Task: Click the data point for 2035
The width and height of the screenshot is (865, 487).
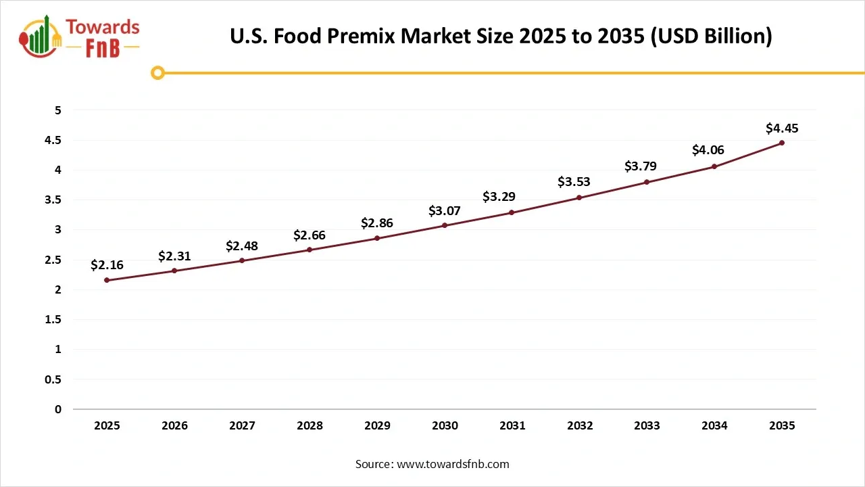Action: [x=782, y=143]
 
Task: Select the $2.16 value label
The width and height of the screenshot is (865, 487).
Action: [x=107, y=265]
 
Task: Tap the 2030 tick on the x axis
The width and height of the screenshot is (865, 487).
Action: [x=445, y=425]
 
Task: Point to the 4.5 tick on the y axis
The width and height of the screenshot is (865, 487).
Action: [x=53, y=140]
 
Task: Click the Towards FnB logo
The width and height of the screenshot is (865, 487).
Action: [x=80, y=37]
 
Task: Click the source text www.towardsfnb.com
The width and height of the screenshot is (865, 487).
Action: [x=432, y=464]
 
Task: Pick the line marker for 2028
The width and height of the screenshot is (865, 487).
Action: [x=310, y=250]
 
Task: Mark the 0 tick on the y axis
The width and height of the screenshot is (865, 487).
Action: [x=58, y=409]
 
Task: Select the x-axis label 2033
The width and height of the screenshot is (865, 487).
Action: [x=647, y=425]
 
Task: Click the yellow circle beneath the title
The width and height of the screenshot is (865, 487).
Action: [x=157, y=72]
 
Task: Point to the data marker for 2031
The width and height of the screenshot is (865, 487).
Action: [x=512, y=212]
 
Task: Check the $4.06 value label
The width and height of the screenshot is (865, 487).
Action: [x=708, y=150]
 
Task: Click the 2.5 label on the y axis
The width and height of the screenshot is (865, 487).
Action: [x=53, y=260]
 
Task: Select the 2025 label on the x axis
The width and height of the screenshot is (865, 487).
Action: [x=107, y=425]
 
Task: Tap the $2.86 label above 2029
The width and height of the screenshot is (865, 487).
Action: [x=377, y=223]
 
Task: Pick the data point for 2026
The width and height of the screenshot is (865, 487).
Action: [x=174, y=271]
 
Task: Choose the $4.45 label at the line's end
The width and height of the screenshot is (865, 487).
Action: [x=782, y=127]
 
